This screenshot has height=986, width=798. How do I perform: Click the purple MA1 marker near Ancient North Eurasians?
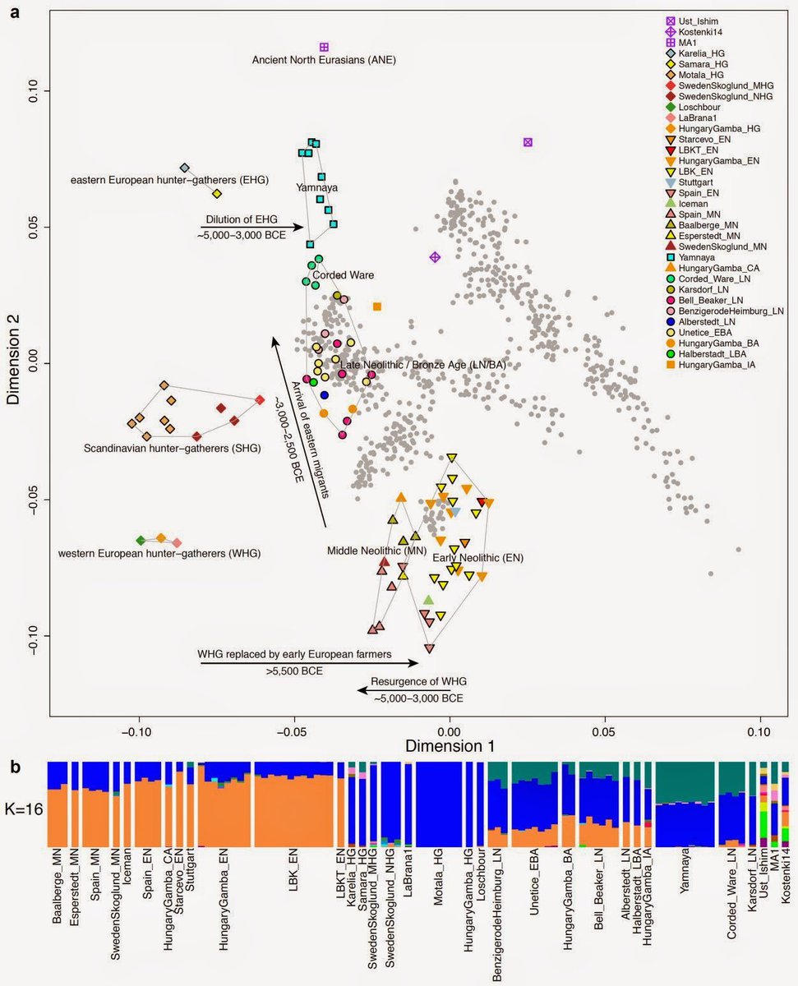324,47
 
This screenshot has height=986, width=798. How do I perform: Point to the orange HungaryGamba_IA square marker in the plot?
377,306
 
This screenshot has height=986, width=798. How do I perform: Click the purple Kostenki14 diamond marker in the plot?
435,257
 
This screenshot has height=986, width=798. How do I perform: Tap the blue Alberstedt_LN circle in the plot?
325,395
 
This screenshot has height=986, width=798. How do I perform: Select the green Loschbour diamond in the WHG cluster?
141,540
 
